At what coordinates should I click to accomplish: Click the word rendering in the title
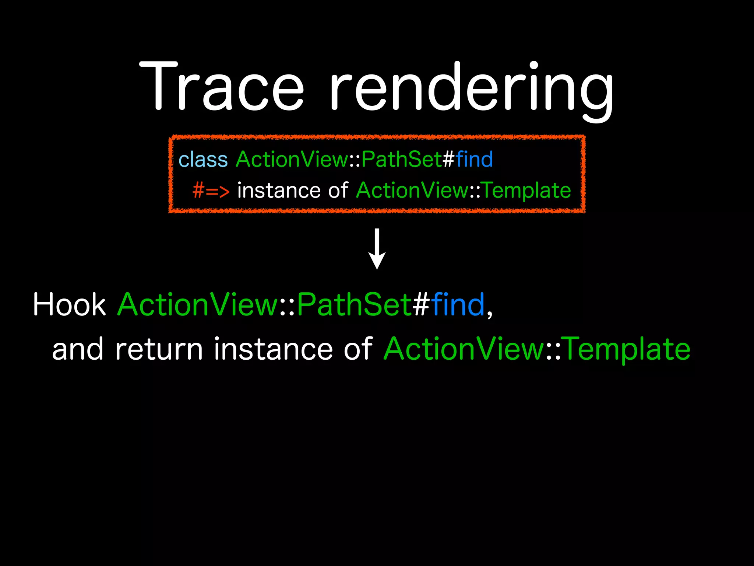[x=471, y=88]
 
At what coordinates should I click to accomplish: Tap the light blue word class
[x=203, y=160]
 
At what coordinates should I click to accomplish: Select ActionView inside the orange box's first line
[x=292, y=160]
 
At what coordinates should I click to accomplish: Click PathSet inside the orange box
[x=401, y=160]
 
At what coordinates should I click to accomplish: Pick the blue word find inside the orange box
[x=474, y=160]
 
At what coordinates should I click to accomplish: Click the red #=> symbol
[x=211, y=191]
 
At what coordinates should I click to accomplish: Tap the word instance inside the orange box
[x=279, y=191]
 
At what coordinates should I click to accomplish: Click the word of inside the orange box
[x=338, y=191]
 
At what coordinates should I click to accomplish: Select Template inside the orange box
[x=526, y=191]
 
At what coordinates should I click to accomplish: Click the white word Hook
[x=69, y=305]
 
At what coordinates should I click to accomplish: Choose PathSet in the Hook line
[x=354, y=305]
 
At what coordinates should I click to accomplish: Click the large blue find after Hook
[x=458, y=305]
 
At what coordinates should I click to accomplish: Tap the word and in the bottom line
[x=78, y=349]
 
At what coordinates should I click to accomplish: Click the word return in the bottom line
[x=159, y=349]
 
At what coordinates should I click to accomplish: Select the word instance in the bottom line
[x=273, y=349]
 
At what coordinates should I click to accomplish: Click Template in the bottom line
[x=627, y=349]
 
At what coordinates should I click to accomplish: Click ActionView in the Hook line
[x=198, y=305]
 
